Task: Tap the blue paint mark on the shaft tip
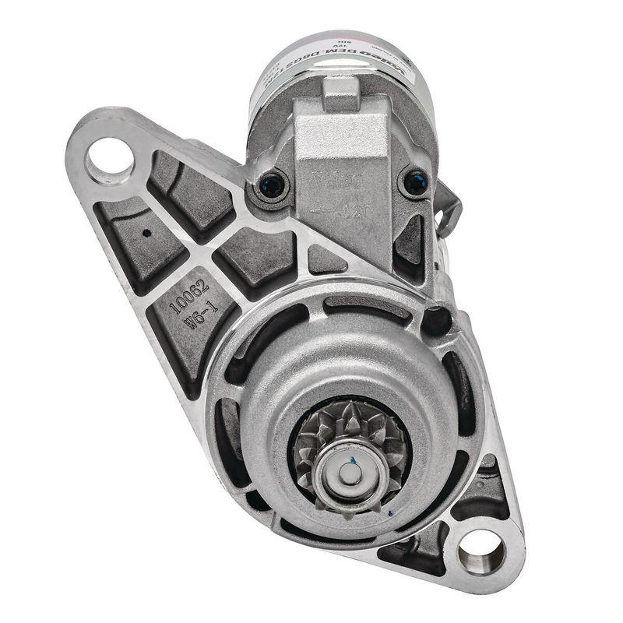[351, 462]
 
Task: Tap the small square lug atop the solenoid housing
[341, 93]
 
